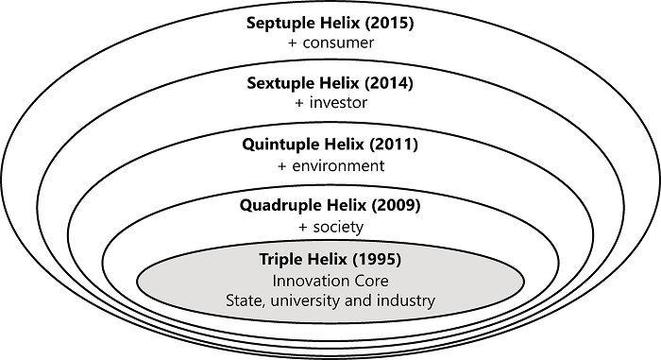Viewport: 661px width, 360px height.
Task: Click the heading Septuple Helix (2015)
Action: point(330,22)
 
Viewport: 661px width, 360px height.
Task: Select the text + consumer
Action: point(330,43)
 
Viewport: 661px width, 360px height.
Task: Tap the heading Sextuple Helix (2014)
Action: point(330,83)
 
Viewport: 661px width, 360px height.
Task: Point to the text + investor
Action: point(330,104)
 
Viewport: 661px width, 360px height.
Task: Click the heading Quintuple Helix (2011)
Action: point(330,146)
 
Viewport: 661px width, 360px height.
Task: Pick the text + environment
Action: point(330,166)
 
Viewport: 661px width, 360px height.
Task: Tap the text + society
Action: point(330,228)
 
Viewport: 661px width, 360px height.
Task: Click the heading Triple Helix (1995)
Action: point(330,258)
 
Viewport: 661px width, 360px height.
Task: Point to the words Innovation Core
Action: point(330,281)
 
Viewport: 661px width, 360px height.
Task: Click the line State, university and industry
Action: point(330,301)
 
